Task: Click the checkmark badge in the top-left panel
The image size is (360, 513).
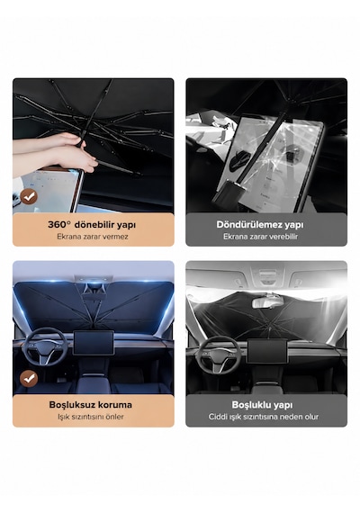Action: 29,196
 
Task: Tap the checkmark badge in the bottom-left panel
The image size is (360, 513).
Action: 29,379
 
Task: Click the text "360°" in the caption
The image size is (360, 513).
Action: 59,225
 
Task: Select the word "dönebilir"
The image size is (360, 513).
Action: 93,225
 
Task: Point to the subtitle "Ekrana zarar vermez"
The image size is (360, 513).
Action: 93,237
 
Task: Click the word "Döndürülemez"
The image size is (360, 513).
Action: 249,225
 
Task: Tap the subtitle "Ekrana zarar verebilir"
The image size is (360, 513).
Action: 260,237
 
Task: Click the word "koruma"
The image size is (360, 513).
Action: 112,405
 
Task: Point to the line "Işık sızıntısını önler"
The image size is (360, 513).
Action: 91,417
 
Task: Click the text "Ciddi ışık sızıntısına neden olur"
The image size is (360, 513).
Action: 264,417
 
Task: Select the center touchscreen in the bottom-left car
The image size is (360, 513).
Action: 94,343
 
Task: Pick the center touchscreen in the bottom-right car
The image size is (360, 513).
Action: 266,351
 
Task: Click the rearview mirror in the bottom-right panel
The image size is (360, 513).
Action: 267,302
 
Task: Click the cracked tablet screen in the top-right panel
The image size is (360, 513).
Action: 269,163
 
